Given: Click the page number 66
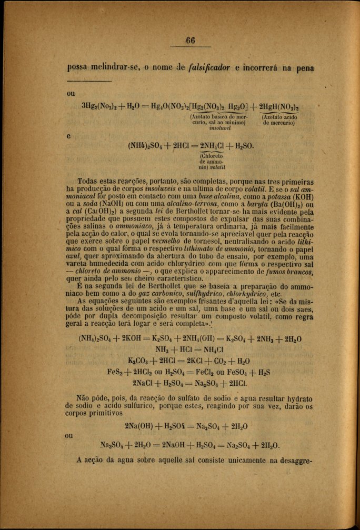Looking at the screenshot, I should point(190,41).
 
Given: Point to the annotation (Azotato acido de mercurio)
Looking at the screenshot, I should point(279,121).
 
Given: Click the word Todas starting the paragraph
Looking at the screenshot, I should point(89,179).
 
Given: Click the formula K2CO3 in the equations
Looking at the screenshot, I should point(139,361).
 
